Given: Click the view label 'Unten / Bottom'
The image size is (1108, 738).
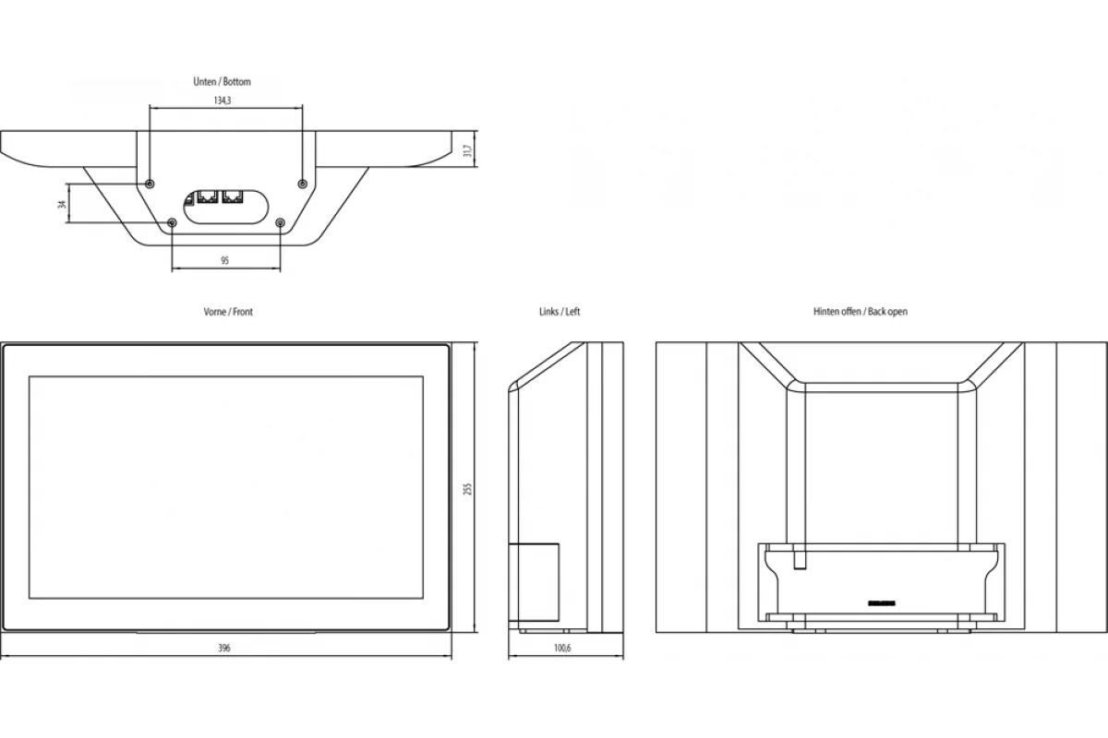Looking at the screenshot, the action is (223, 81).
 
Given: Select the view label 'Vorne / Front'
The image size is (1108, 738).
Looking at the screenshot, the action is (228, 312).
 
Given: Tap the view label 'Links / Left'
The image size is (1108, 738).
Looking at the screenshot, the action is (560, 312).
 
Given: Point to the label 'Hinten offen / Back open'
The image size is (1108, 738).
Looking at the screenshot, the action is (861, 312).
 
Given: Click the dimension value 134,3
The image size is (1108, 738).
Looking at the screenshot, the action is (223, 101).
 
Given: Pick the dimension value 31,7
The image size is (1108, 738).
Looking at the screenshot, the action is (468, 149).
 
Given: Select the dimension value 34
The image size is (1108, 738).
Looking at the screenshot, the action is (62, 204).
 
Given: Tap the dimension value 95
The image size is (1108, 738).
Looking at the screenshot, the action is (224, 260).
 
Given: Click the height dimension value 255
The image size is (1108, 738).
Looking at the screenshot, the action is (468, 489).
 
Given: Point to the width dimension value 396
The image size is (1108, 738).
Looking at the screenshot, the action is (224, 648).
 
